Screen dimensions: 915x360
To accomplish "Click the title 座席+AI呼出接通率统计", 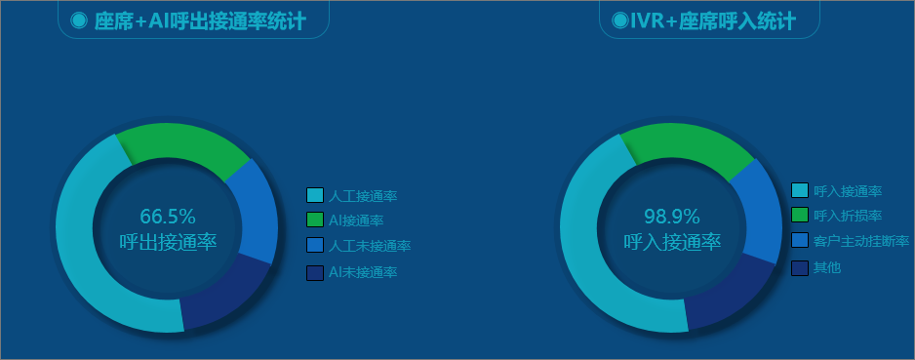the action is pos(200,21).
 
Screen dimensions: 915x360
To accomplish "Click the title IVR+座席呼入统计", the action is pos(712,21).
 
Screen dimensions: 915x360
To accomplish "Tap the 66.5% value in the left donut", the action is pos(168,217).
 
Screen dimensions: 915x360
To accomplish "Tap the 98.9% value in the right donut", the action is pos(672,217).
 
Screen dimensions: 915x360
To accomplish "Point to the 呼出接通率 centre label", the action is pos(168,242).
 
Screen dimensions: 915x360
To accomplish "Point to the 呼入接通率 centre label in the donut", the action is pos(672,242).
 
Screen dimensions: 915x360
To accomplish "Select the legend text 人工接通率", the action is pos(363,195).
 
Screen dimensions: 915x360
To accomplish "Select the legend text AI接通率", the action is pos(356,220).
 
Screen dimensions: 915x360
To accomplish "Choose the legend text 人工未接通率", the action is pos(370,246).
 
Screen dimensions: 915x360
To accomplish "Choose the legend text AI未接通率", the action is pos(363,272).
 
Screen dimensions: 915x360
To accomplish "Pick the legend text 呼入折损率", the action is pos(848,216).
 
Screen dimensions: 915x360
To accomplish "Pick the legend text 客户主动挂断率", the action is pos(861,241).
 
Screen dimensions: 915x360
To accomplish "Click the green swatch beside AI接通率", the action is pos(315,220).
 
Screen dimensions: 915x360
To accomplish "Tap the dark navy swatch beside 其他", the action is pos(800,268).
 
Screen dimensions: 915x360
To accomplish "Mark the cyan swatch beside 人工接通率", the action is pos(315,195).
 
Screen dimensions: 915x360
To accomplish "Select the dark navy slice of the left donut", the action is pos(224,295).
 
